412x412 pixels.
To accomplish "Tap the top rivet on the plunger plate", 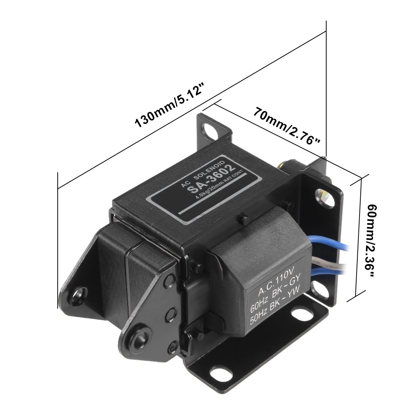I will tap(172, 279).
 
